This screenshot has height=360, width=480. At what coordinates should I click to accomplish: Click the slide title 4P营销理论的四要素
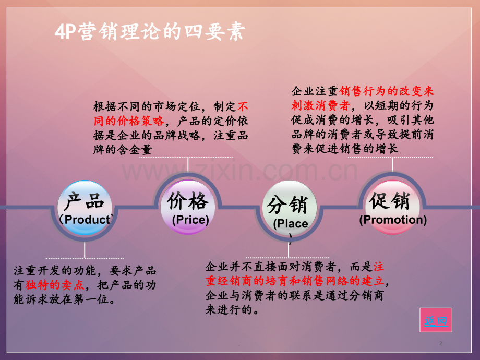pyautogui.click(x=150, y=31)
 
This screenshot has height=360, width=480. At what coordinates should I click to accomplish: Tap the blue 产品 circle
pyautogui.click(x=85, y=208)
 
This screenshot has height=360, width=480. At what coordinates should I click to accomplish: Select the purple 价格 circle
pyautogui.click(x=188, y=207)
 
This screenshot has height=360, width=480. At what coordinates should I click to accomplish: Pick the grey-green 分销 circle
pyautogui.click(x=289, y=208)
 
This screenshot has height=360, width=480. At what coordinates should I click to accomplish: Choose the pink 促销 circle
pyautogui.click(x=392, y=208)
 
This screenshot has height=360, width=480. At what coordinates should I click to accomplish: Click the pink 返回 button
pyautogui.click(x=436, y=320)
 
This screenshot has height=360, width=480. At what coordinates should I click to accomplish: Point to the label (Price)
pyautogui.click(x=190, y=220)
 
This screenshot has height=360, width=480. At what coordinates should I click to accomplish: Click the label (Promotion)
pyautogui.click(x=393, y=220)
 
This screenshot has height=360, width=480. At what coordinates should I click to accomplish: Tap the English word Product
pyautogui.click(x=87, y=220)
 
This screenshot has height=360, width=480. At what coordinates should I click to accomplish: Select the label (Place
pyautogui.click(x=291, y=223)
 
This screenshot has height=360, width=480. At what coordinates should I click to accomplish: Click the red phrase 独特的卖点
pyautogui.click(x=55, y=285)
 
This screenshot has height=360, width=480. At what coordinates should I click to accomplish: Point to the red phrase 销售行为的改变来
pyautogui.click(x=386, y=91)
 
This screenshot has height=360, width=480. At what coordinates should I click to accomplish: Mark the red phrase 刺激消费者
pyautogui.click(x=320, y=105)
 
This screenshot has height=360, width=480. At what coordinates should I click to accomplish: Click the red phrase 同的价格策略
pyautogui.click(x=129, y=121)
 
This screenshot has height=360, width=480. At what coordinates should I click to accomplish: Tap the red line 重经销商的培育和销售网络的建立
pyautogui.click(x=294, y=281)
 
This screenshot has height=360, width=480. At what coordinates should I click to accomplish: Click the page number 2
pyautogui.click(x=440, y=343)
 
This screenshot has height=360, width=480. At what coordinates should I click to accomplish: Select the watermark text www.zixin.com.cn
pyautogui.click(x=239, y=171)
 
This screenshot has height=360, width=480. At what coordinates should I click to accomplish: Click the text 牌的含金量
pyautogui.click(x=123, y=150)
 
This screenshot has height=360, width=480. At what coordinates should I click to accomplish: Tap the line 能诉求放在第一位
pyautogui.click(x=64, y=299)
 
